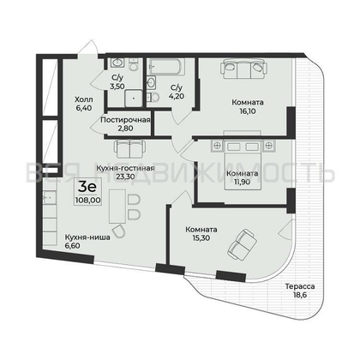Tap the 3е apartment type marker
pyautogui.click(x=87, y=183)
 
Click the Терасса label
pyautogui.click(x=300, y=286)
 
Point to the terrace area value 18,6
pyautogui.click(x=300, y=297)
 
